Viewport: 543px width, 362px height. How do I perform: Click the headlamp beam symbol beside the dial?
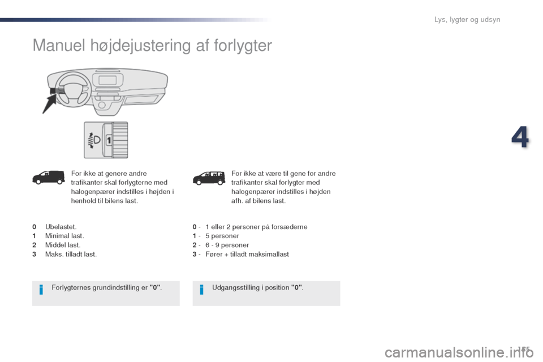click(x=93, y=140)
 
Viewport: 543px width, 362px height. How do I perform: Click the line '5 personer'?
click(x=222, y=236)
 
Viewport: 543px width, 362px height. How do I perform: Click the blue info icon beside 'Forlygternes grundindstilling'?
click(x=41, y=290)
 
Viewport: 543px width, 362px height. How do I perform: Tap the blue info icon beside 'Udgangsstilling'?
click(x=202, y=290)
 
